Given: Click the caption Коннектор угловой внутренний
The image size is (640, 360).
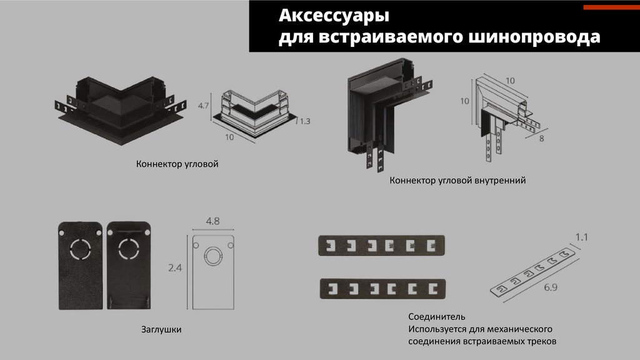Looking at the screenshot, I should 457,181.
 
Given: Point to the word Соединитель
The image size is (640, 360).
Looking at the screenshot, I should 437,317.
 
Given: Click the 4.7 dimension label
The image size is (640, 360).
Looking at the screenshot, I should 202,106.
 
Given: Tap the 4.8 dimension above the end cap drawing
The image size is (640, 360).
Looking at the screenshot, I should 212,221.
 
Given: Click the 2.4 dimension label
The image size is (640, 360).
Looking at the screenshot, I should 175,268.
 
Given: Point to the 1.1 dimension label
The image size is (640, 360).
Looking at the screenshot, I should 582,237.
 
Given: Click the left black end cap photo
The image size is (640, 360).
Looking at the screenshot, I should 81,267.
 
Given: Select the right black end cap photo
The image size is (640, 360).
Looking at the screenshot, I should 129,267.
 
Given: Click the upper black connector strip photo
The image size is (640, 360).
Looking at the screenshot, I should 383,244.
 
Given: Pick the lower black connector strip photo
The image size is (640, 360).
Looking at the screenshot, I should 383,288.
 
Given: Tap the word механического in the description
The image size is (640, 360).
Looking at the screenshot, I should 522,329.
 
